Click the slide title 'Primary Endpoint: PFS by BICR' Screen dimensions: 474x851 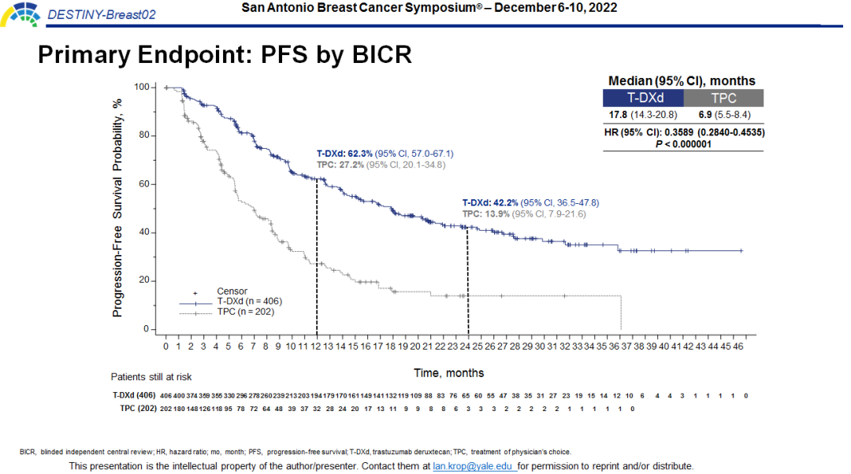(225, 54)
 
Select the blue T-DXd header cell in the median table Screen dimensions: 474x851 (642, 98)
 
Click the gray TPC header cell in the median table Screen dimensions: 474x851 (723, 98)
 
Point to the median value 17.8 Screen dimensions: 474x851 (617, 115)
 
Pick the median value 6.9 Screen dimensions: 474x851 (707, 115)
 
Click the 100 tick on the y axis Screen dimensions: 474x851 (142, 87)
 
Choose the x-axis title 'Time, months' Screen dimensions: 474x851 (449, 372)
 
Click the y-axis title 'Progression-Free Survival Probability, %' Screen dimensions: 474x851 (117, 208)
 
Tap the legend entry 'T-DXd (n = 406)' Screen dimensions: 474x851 (249, 302)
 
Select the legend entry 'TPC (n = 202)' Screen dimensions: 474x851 (246, 312)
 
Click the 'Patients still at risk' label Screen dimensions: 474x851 (151, 377)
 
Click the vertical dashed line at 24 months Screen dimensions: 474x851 (468, 283)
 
